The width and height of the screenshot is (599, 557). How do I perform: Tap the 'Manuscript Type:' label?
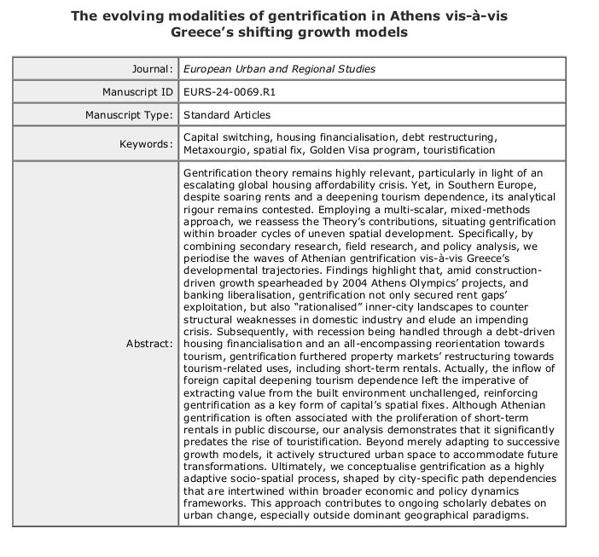coord(128,114)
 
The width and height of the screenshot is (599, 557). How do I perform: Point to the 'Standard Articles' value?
coord(226,114)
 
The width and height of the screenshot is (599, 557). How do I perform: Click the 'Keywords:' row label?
coord(146,144)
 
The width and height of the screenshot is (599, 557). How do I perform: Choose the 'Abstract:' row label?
coord(148,343)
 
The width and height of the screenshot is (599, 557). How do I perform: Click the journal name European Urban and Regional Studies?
coord(279,69)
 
